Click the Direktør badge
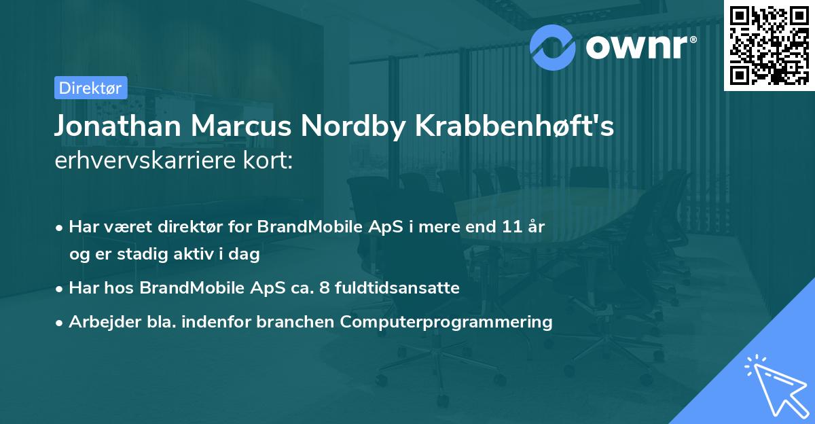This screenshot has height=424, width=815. pyautogui.click(x=90, y=88)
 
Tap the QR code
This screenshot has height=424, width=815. pyautogui.click(x=768, y=44)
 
